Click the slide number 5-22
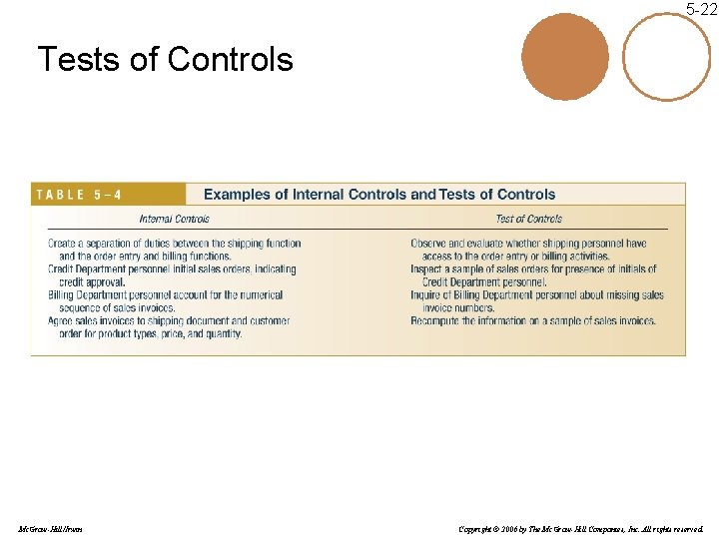(701, 10)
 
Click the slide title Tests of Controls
(165, 60)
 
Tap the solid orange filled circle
(564, 56)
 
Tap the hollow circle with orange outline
(667, 56)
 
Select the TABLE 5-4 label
(79, 195)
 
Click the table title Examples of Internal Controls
(379, 195)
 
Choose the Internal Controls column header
(174, 219)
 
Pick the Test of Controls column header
(528, 219)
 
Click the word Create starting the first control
(61, 244)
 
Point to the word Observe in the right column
(428, 244)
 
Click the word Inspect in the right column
(426, 269)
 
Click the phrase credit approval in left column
(92, 282)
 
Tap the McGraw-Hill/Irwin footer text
(50, 528)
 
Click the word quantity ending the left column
(223, 334)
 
